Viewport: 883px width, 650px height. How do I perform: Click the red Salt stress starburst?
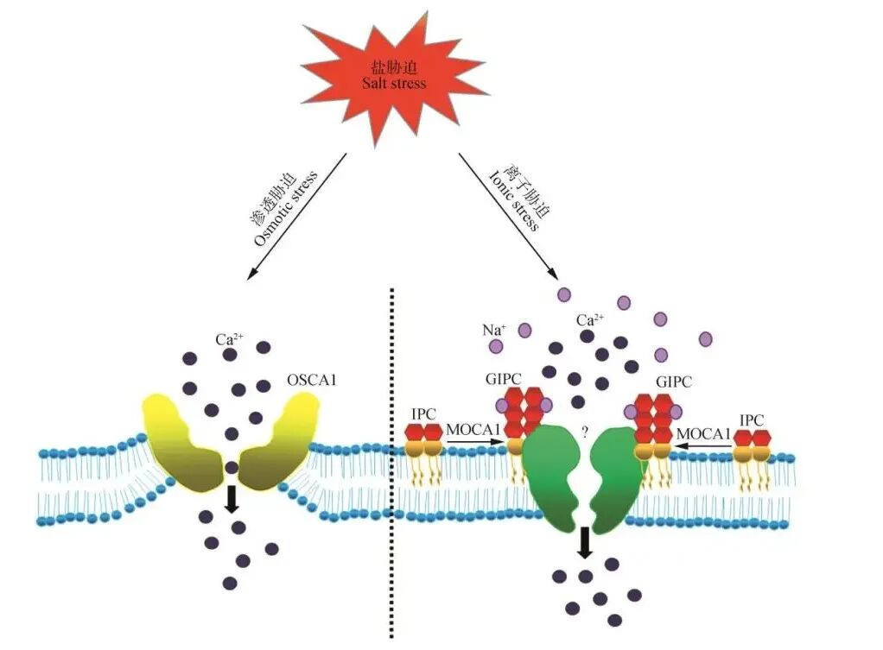coord(393,76)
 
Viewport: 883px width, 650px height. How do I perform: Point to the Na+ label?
coord(494,328)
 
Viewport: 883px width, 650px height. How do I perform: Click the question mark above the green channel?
coord(585,432)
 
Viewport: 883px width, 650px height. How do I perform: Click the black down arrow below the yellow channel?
coord(232,499)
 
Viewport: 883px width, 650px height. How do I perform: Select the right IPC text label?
coord(752,420)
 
